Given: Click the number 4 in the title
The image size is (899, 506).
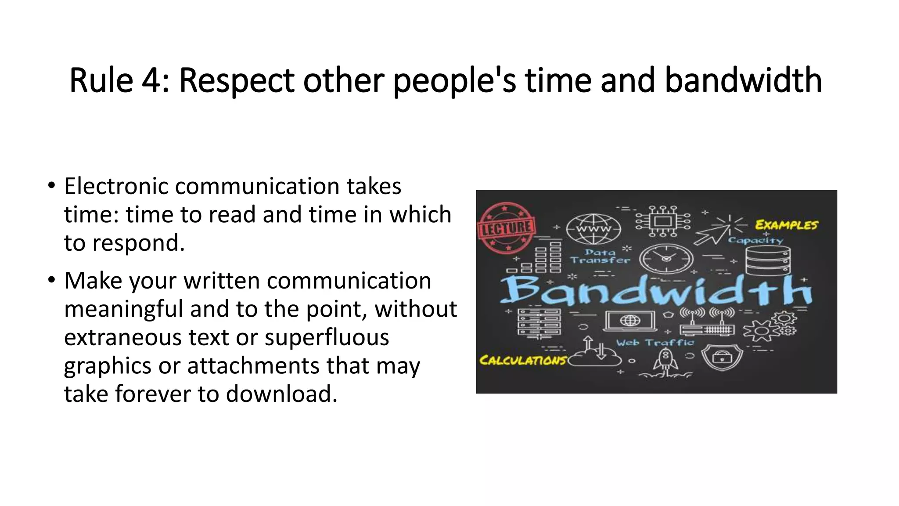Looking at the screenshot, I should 150,80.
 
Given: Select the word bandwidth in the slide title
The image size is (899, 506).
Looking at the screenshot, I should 743,80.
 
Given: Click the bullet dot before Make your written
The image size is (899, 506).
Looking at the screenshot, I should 52,280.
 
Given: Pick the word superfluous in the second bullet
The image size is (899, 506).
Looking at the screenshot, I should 327,337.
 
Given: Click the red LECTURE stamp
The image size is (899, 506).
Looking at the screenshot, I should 507,228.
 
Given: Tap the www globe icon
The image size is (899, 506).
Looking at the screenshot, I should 593,229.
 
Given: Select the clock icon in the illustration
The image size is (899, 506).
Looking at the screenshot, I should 666,259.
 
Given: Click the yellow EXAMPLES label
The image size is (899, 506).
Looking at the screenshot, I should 786,225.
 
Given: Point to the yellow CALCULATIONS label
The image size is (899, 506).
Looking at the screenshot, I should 523,361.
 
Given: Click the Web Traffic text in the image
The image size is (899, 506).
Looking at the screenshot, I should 655,343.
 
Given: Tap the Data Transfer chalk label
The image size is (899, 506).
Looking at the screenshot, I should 600,256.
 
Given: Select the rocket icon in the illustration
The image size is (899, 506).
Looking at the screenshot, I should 665,361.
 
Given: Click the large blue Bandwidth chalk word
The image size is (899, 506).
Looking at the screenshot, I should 656,290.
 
